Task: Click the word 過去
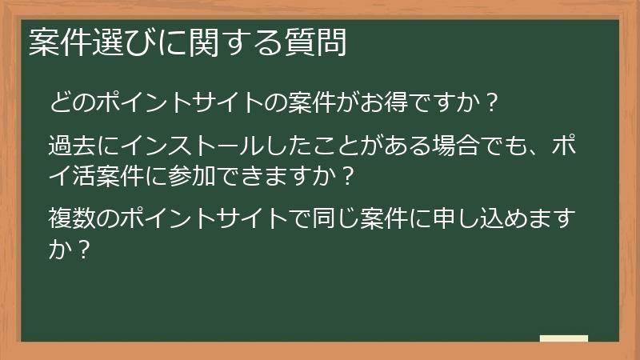pos(70,147)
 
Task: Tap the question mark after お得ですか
pos(493,102)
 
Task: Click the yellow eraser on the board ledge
pos(564,338)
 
